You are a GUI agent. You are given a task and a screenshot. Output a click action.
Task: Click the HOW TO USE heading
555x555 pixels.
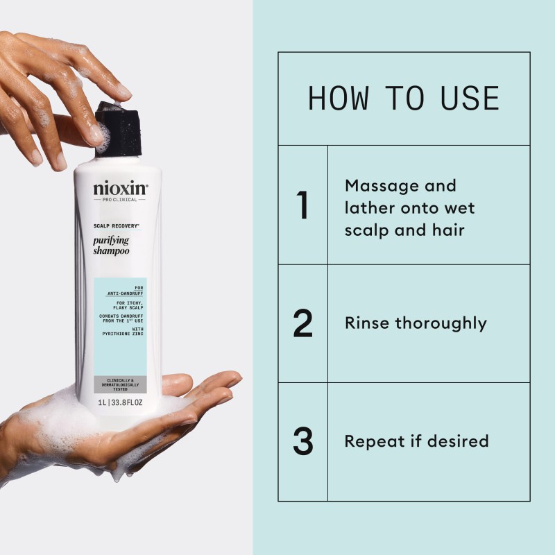[x=403, y=99]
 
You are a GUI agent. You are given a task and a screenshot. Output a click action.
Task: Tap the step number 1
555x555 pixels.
[x=302, y=205]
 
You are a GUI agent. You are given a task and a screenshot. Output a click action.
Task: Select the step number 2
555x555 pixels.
[x=302, y=323]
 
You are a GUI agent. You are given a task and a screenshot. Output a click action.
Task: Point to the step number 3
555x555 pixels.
[x=302, y=441]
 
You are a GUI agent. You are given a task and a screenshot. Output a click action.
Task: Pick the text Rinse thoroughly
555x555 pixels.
[x=415, y=323]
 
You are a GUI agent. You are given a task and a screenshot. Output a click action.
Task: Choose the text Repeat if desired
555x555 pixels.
[x=416, y=441]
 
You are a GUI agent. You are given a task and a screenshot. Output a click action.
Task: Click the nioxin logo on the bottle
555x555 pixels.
[x=120, y=188]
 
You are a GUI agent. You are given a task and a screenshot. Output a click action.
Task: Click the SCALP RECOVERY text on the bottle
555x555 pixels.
[x=116, y=226]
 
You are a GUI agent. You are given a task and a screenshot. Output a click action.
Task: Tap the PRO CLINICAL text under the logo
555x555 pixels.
[x=120, y=200]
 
